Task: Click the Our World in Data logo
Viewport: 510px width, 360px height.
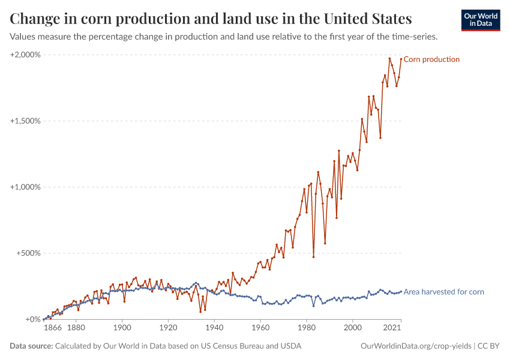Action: tap(481, 20)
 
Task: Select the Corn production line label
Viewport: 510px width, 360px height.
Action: tap(431, 59)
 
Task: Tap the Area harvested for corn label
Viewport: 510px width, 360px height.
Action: tap(443, 292)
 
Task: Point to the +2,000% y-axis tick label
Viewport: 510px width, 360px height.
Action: tap(25, 55)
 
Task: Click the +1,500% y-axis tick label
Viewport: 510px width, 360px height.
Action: tap(25, 121)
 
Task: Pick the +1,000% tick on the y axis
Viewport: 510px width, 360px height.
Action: tap(25, 187)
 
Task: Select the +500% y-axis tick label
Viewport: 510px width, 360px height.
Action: tap(28, 253)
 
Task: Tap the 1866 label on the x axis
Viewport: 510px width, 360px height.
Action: tap(52, 329)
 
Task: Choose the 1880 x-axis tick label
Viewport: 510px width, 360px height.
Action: tap(76, 329)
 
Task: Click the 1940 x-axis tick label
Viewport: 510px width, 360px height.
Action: tap(214, 329)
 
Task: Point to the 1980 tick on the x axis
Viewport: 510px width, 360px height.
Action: tap(307, 329)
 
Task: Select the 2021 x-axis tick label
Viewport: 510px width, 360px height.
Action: tap(392, 329)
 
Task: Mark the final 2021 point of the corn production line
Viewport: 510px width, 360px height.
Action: tap(401, 59)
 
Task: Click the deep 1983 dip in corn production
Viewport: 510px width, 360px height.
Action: tap(313, 257)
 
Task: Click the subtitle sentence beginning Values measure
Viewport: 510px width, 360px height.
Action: tap(224, 37)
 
